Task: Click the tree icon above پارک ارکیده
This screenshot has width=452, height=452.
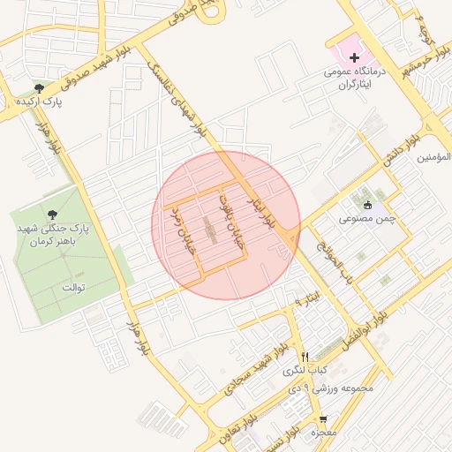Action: [38, 87]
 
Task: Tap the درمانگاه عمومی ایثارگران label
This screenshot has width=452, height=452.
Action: [358, 79]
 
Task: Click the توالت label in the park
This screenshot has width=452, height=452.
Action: [72, 288]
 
